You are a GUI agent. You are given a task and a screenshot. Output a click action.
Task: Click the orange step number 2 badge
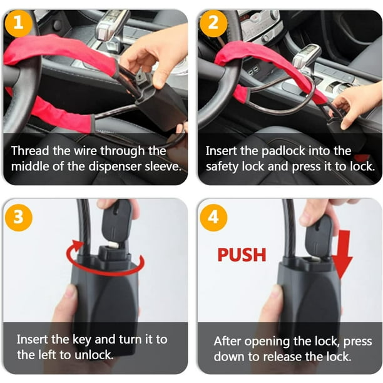click(x=214, y=24)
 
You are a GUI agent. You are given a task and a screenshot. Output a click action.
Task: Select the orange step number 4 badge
click(x=214, y=217)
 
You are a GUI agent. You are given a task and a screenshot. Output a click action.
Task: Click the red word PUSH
click(x=242, y=255)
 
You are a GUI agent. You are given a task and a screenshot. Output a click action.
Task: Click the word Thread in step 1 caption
click(x=28, y=151)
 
